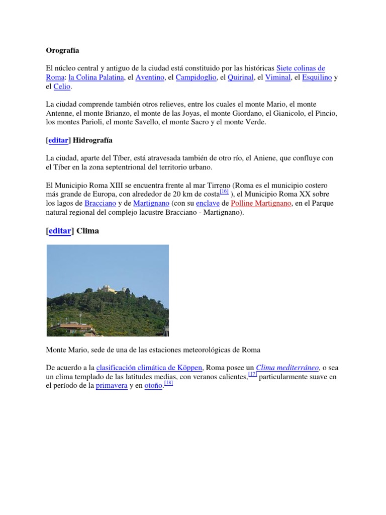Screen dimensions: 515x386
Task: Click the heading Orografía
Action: [x=63, y=51]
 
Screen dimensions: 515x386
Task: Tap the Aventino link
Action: [x=150, y=77]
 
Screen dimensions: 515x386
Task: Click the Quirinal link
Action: [x=240, y=77]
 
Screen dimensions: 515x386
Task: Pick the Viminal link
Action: [x=278, y=77]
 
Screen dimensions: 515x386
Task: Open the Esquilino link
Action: [x=317, y=77]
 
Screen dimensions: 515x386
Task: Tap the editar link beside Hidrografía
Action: [x=58, y=140]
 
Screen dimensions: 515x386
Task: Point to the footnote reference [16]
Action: [x=224, y=192]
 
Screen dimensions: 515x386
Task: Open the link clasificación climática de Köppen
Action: [x=149, y=368]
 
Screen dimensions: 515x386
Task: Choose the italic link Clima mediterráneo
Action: [x=287, y=368]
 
